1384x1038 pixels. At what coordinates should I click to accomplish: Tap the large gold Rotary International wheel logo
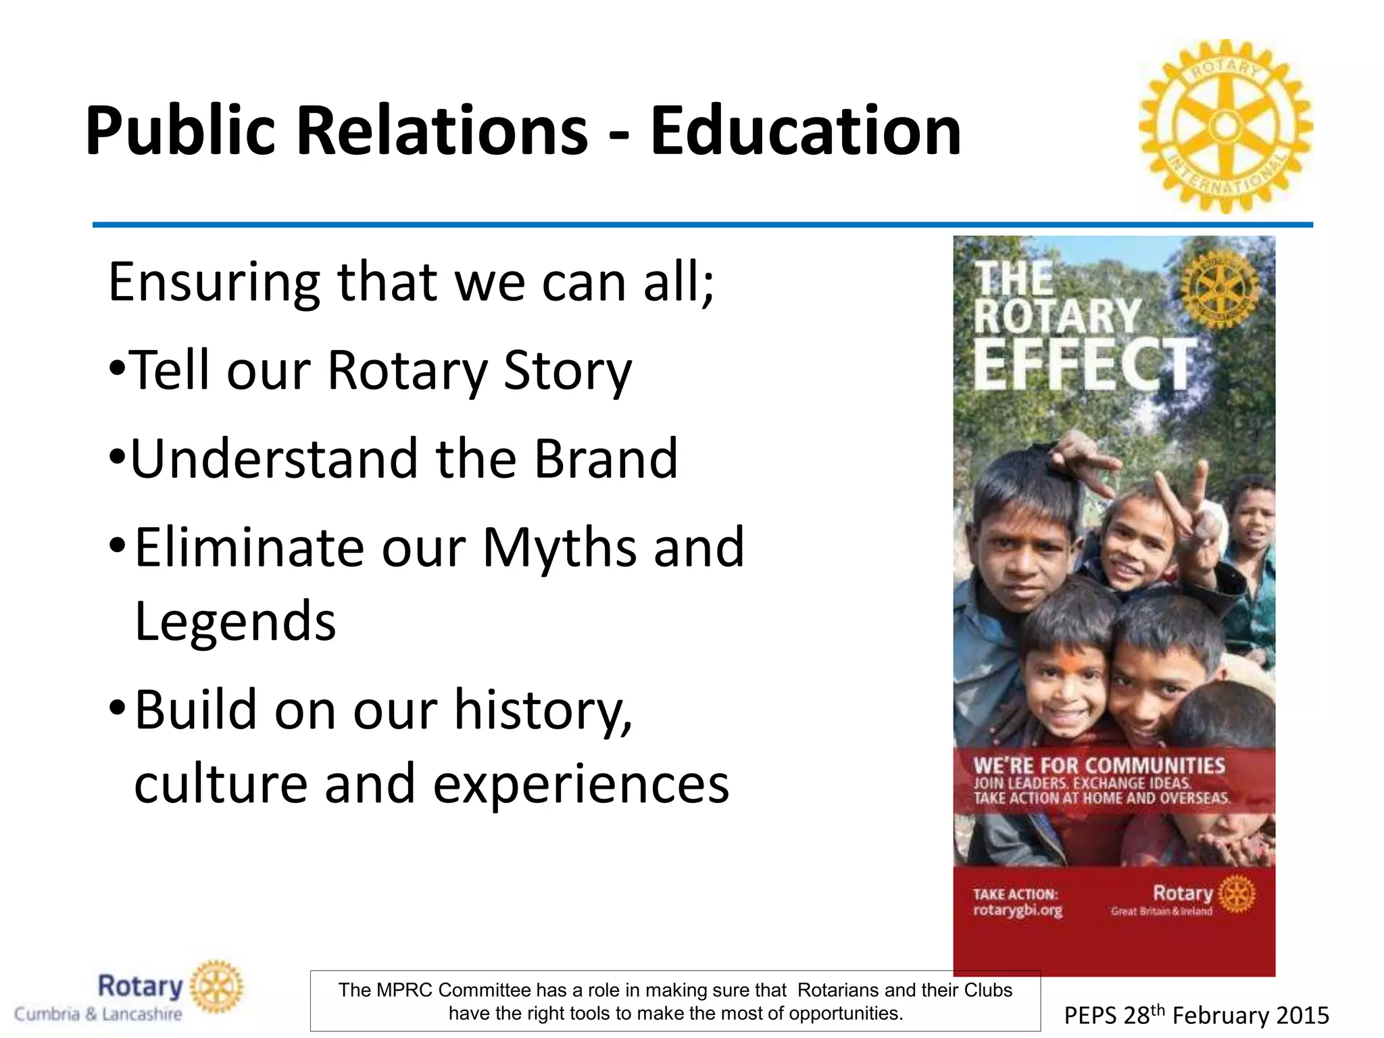coord(1226,126)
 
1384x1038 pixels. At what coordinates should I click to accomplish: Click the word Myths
coord(559,547)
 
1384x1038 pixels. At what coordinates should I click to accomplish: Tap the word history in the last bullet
coord(543,710)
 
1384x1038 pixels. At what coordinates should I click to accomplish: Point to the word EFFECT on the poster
coord(1084,365)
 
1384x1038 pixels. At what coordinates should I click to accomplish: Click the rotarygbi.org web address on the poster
coord(1017,910)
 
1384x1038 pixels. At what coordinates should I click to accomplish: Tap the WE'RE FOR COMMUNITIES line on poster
coord(1099,766)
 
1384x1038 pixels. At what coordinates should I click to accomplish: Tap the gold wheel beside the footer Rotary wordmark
coord(217,987)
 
